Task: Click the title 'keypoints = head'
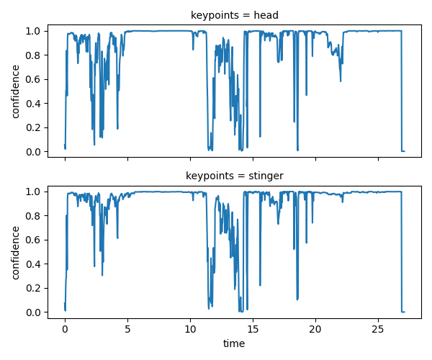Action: pyautogui.click(x=234, y=14)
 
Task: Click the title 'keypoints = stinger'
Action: pyautogui.click(x=234, y=175)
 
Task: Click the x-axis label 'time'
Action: pyautogui.click(x=234, y=344)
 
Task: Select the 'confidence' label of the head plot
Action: pyautogui.click(x=16, y=91)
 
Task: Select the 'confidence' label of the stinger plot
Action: pyautogui.click(x=16, y=251)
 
